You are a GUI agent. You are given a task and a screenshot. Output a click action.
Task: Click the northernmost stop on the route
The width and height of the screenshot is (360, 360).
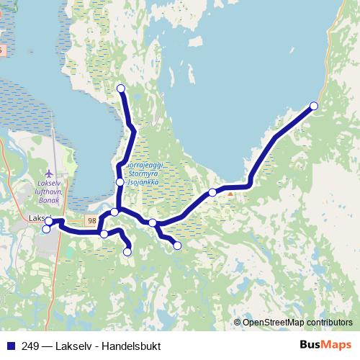[x=121, y=89]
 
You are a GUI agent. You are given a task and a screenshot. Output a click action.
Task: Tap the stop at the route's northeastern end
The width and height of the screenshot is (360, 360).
[x=314, y=107]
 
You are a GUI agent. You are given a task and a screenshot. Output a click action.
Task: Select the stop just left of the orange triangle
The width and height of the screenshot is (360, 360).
[x=212, y=192]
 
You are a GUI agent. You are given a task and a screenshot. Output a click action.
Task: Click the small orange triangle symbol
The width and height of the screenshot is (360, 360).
[x=230, y=193]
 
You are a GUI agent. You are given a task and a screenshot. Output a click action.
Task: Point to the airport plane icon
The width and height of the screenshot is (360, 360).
[x=48, y=174]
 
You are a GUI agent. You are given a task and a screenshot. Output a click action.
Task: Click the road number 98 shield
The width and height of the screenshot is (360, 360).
[x=91, y=220]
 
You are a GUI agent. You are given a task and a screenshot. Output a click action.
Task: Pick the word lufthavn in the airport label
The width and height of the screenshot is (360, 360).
[x=51, y=192]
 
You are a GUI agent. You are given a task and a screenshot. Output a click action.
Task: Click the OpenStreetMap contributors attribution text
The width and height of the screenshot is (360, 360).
[x=297, y=322]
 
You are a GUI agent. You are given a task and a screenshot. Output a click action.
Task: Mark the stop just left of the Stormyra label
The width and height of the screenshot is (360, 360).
[x=120, y=183]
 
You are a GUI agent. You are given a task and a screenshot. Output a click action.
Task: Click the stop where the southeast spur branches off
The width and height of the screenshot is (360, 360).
[x=153, y=223]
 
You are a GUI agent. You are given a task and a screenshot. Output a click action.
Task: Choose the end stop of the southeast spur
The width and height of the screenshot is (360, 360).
[x=177, y=246]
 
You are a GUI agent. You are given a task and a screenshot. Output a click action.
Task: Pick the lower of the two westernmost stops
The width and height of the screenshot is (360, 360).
[x=47, y=230]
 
